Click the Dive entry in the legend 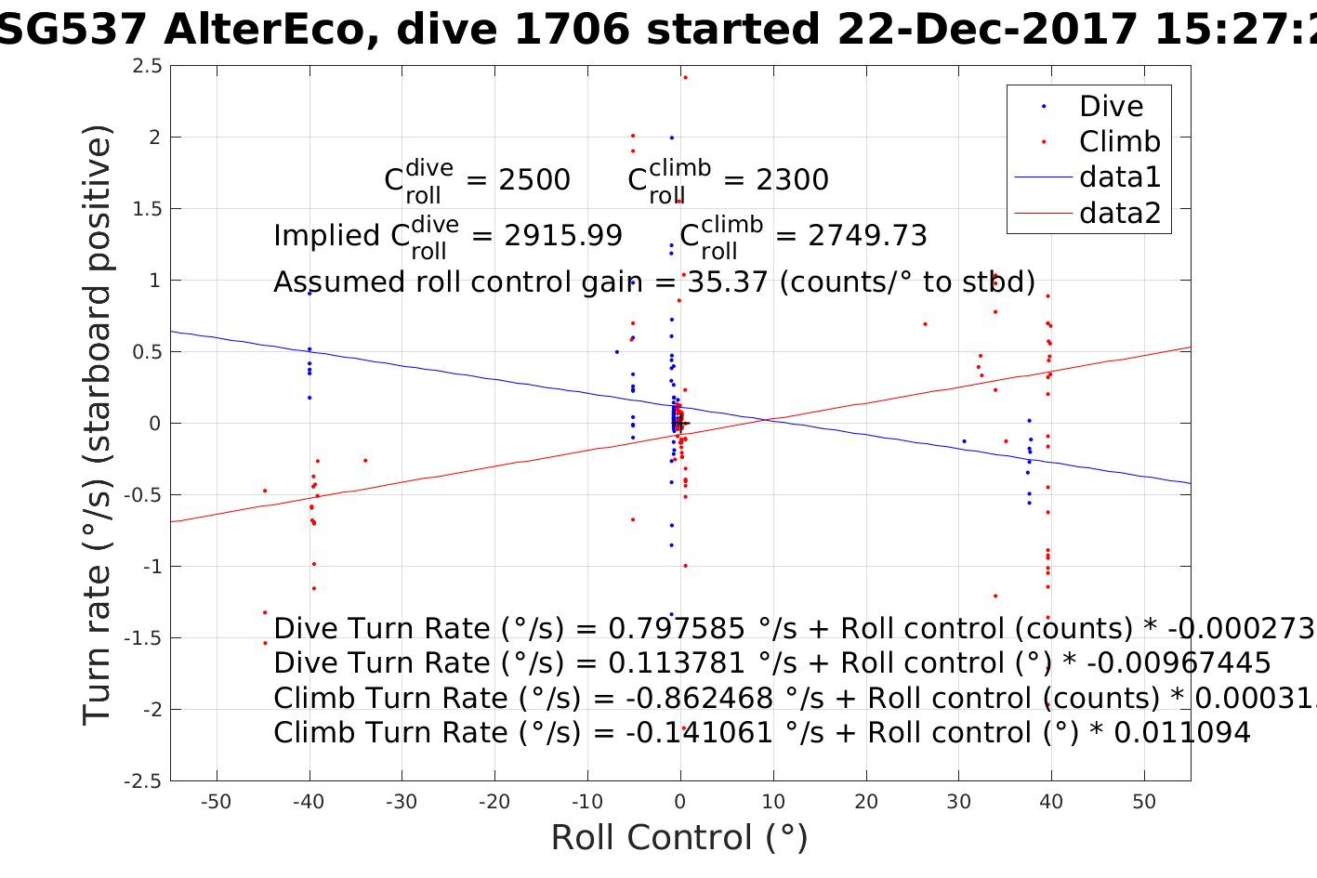coord(1111,106)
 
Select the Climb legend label coord(1119,141)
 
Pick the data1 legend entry coord(1120,177)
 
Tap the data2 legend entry coord(1120,213)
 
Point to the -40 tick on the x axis coord(309,802)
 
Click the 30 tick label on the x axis coord(958,802)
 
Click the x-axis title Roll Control coord(679,838)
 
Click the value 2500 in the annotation coord(534,179)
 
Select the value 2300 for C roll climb coord(792,179)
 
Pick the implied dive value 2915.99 coord(563,236)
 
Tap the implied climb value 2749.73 coord(867,236)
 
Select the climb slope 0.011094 coord(1182,733)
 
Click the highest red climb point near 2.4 coord(685,77)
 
